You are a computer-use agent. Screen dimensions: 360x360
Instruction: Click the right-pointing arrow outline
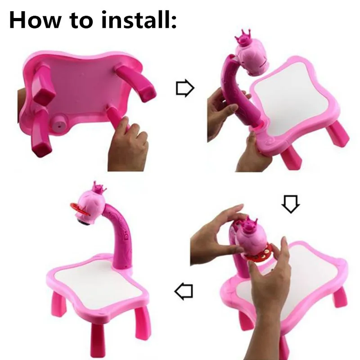(184, 89)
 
